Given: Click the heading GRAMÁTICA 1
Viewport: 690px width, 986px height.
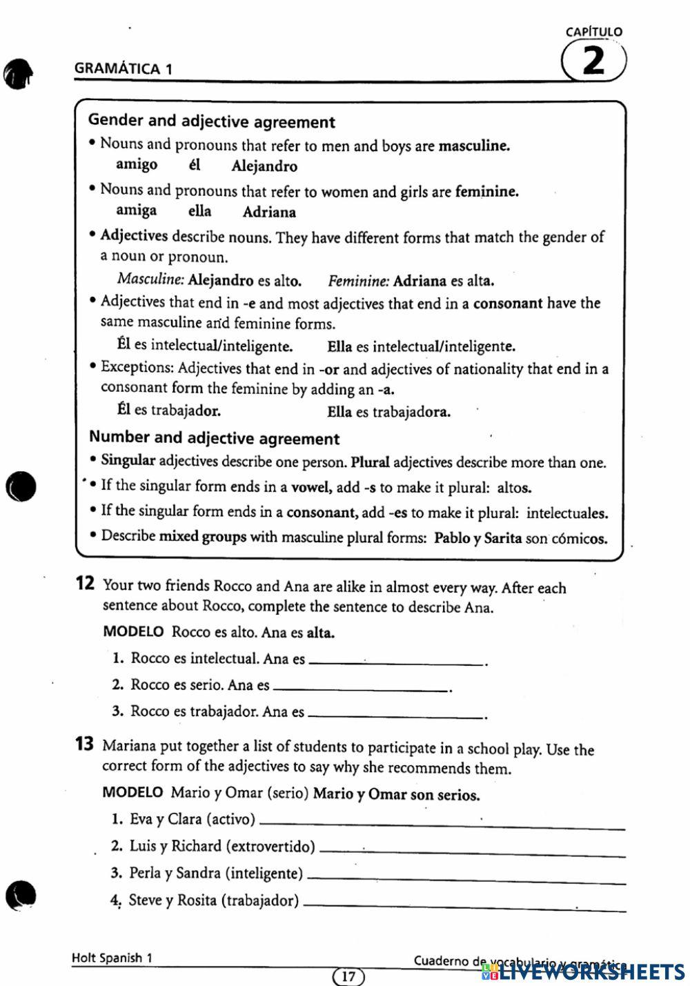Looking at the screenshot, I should tap(123, 68).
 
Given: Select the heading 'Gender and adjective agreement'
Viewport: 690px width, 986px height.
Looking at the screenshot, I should tap(211, 121).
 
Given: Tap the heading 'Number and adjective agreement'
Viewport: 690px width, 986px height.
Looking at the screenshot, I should tap(214, 438).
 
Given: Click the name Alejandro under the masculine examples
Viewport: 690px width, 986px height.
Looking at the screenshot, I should tap(264, 166).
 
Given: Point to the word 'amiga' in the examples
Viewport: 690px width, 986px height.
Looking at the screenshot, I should tap(136, 210).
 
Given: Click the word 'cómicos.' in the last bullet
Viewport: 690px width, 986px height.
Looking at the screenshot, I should tap(580, 538).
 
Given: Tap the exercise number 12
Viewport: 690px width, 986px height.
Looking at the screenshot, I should tap(84, 584).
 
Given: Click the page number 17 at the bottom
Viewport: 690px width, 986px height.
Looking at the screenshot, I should tap(348, 976).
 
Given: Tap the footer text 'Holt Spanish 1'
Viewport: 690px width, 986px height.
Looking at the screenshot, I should tap(112, 958).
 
